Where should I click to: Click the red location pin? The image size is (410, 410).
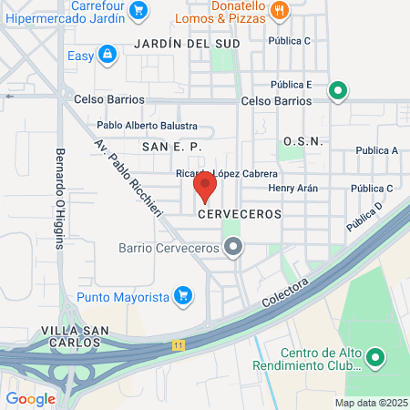(205, 188)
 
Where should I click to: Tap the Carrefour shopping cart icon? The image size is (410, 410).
(138, 10)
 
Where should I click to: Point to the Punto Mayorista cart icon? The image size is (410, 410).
(182, 294)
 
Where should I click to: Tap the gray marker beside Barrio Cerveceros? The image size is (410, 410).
(234, 247)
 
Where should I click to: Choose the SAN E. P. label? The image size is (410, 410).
(170, 146)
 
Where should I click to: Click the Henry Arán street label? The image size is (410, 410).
(292, 189)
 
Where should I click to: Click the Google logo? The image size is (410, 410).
(30, 398)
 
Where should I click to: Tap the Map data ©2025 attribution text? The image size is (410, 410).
(371, 403)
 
